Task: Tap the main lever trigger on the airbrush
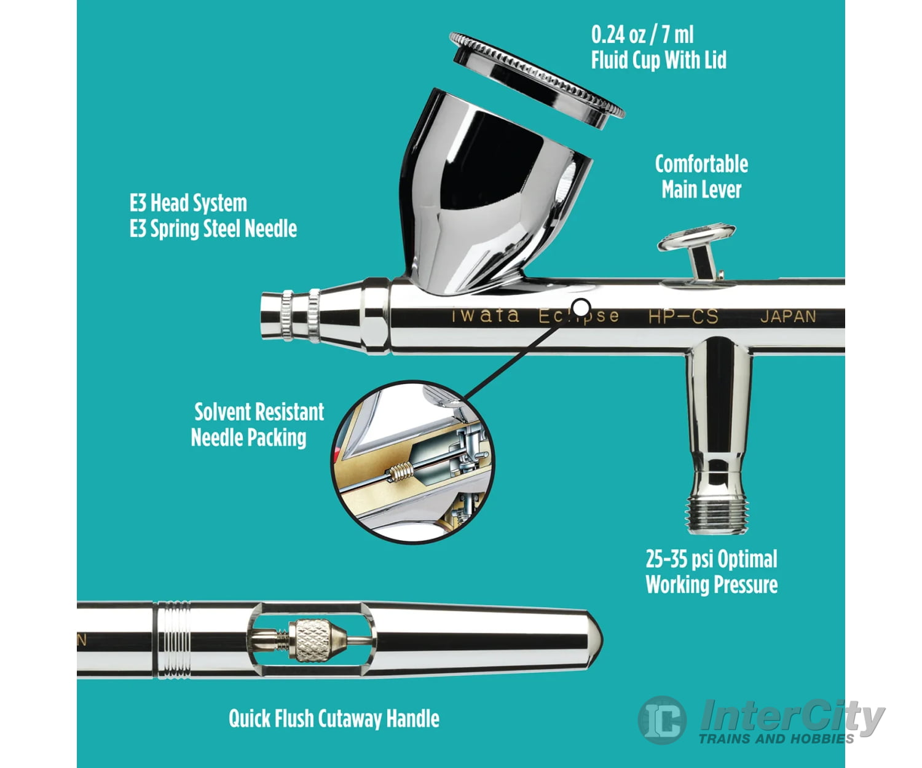tap(696, 238)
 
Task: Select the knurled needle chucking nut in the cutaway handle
tap(312, 640)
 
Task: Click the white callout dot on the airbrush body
tap(581, 307)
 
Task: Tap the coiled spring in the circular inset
tap(401, 473)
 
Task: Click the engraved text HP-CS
tap(683, 316)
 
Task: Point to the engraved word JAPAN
tap(788, 316)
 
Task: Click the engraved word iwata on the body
tap(486, 316)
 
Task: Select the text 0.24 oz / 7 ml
tap(642, 34)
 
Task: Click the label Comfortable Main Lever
tap(701, 177)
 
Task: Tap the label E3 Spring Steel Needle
tap(213, 229)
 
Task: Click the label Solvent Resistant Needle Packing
tap(257, 425)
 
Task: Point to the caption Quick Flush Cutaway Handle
tap(334, 718)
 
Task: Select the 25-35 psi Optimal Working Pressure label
tap(711, 571)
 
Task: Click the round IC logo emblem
tap(663, 719)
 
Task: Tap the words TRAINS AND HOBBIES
tap(776, 739)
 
